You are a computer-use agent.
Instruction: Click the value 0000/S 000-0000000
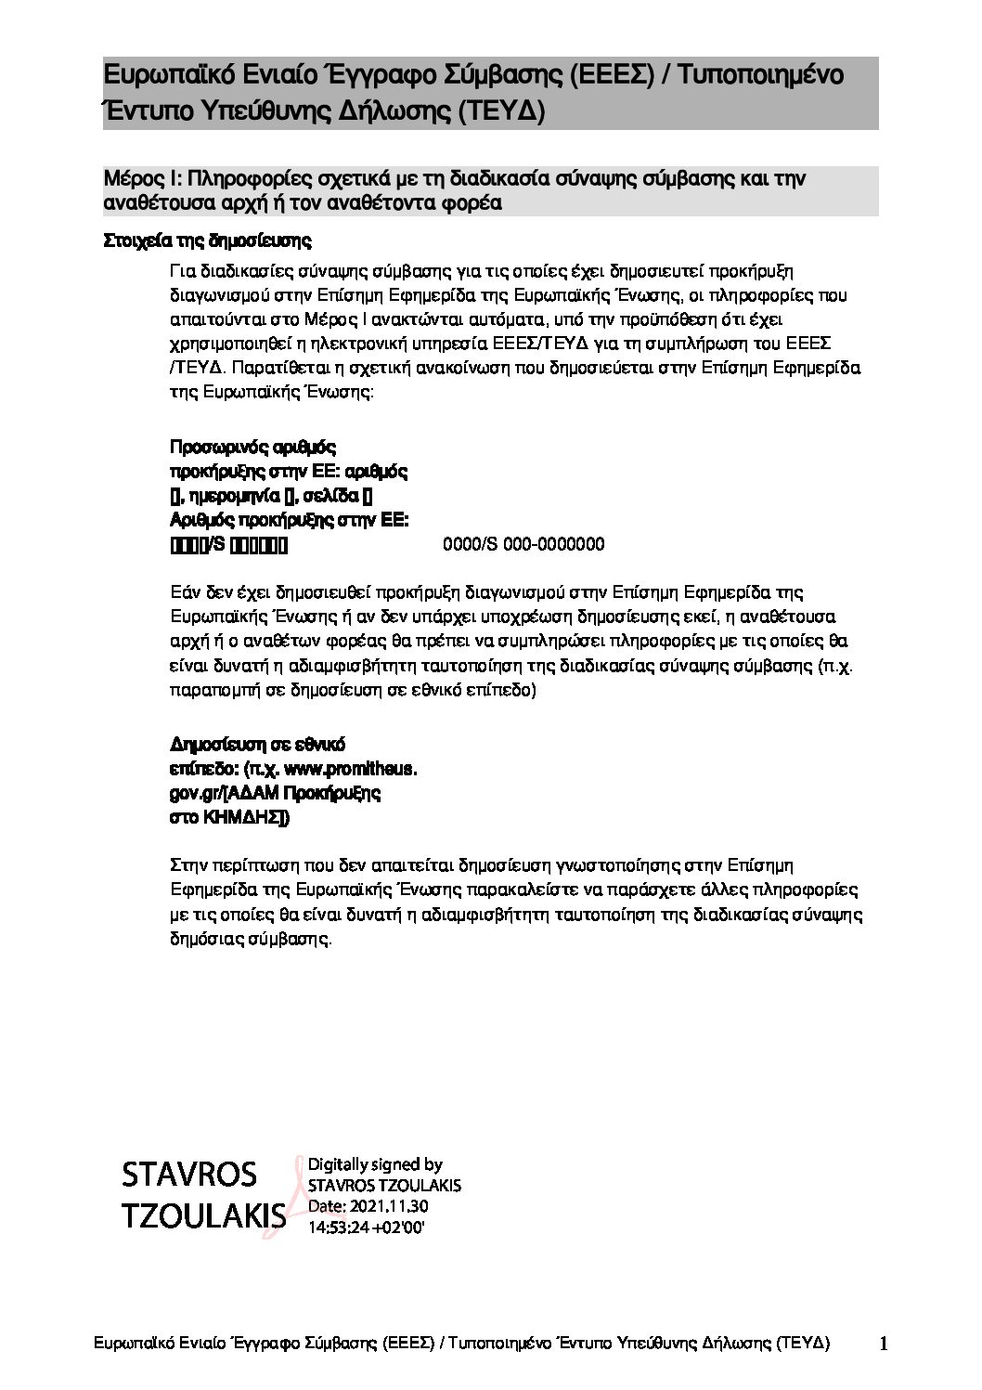point(524,544)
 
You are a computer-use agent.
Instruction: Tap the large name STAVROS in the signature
point(189,1175)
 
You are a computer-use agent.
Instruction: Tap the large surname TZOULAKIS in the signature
point(203,1216)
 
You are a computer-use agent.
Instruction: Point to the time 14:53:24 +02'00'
point(366,1227)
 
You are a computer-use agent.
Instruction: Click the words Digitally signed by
point(375,1164)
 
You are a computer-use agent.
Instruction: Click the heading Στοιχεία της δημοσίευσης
point(207,241)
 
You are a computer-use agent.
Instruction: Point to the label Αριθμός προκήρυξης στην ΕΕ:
point(290,520)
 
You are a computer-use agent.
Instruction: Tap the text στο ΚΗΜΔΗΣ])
point(229,817)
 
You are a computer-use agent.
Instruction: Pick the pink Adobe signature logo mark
point(296,1198)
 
